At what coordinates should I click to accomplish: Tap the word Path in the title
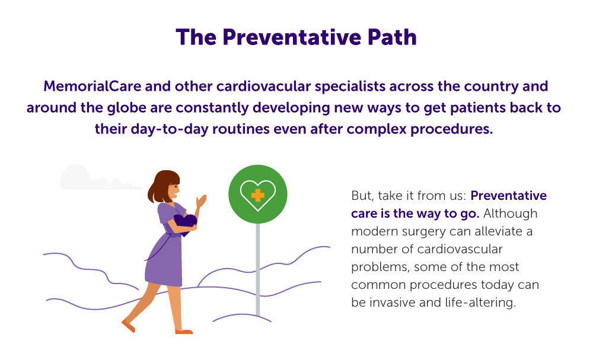point(392,37)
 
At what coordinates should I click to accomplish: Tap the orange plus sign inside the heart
point(257,195)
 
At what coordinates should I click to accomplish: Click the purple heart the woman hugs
point(185,224)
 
